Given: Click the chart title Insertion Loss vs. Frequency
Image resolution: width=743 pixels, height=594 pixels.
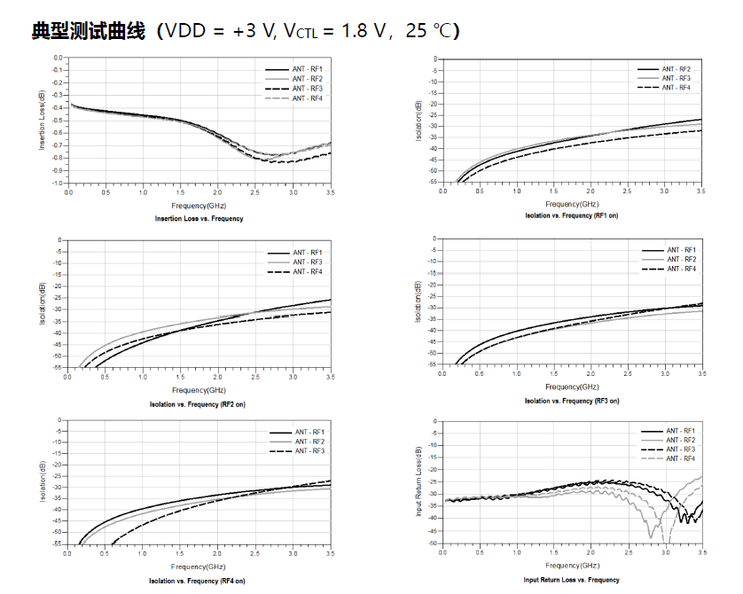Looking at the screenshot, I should (199, 218).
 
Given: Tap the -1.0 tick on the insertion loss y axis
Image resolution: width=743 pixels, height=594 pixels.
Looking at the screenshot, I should (59, 183).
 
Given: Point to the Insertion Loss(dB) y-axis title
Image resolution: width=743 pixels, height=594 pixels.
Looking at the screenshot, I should (42, 121).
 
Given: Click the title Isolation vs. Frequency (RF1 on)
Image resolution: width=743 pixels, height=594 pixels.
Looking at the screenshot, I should (571, 215).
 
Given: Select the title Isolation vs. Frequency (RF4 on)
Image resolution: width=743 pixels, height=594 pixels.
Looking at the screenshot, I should (199, 580).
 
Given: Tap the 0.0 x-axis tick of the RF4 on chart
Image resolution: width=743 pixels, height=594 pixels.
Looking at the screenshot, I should (67, 553).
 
